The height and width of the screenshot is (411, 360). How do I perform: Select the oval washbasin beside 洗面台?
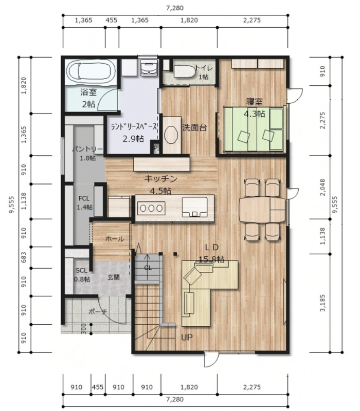171,135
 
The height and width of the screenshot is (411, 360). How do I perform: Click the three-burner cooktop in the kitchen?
151,208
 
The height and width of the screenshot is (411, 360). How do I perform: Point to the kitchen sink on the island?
195,207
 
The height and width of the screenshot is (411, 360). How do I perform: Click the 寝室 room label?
254,102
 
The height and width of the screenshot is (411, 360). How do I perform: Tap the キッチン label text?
161,179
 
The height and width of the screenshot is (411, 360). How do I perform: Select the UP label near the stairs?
187,338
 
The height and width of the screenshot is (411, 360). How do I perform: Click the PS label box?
157,148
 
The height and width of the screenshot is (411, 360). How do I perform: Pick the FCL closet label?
84,198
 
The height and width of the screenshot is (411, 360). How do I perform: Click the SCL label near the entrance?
81,271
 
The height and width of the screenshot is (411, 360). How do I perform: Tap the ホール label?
114,239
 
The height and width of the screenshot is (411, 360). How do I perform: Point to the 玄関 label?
113,277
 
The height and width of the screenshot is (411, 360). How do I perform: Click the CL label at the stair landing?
148,268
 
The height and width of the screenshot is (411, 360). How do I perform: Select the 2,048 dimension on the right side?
322,188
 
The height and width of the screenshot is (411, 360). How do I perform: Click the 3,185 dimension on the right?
322,303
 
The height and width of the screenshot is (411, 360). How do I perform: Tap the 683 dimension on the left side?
24,258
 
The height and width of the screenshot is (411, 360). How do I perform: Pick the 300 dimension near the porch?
84,329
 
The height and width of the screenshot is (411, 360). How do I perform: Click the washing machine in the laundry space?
149,67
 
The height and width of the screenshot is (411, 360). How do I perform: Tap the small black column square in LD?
175,254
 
